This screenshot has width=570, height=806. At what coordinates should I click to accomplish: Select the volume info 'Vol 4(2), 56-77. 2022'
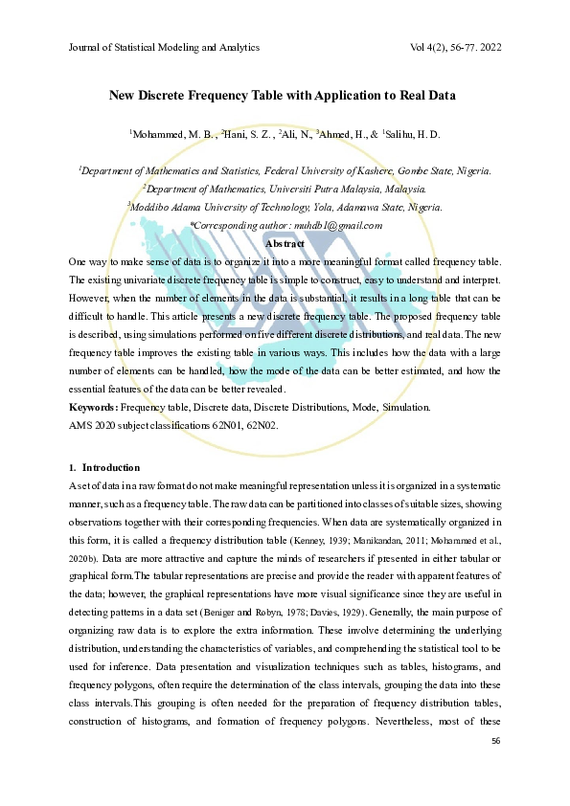click(455, 48)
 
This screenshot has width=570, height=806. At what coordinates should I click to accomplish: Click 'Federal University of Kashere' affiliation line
click(285, 171)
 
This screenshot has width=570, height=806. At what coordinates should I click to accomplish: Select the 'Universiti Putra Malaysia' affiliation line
click(285, 189)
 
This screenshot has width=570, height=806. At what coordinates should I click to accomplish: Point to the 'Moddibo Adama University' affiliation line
click(285, 207)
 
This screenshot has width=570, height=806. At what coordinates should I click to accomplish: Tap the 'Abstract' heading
click(285, 243)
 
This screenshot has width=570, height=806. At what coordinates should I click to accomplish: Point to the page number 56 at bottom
click(495, 742)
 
